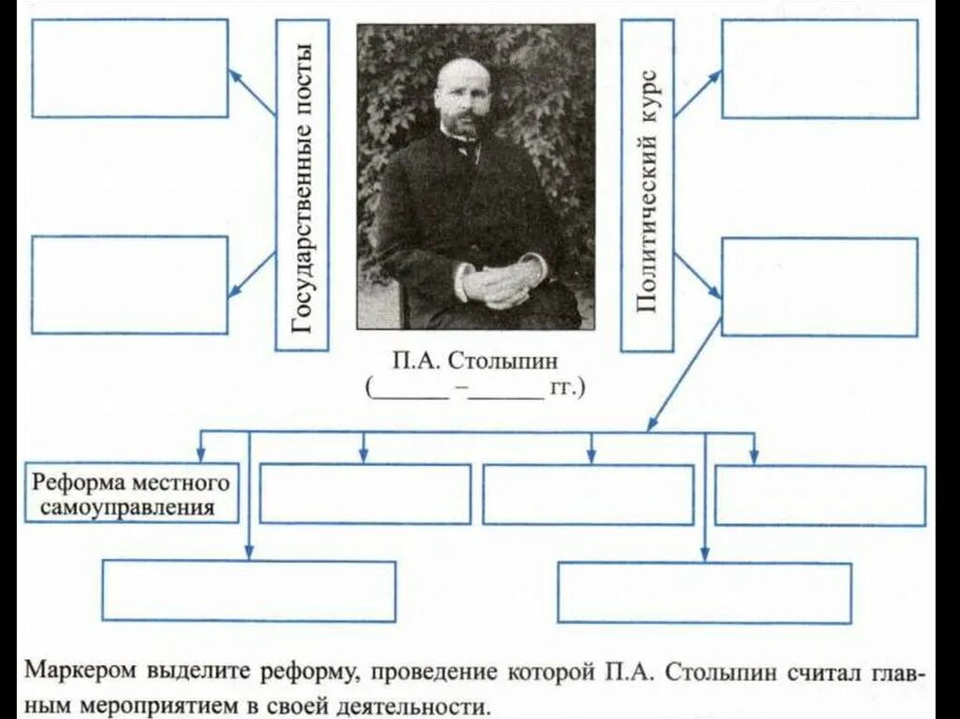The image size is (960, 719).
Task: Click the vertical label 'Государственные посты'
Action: click(302, 185)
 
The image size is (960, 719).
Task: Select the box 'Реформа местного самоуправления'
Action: click(131, 495)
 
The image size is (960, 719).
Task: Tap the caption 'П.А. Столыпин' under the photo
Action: click(476, 361)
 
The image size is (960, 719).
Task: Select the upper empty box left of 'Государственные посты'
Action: click(130, 68)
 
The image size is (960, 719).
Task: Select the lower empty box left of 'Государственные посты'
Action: click(130, 284)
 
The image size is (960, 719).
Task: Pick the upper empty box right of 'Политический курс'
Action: click(819, 68)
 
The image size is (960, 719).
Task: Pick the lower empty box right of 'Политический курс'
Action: click(819, 286)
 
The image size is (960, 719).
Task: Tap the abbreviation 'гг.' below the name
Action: click(567, 387)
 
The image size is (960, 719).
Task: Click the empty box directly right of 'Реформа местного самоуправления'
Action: click(365, 494)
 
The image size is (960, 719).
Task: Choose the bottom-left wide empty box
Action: click(248, 591)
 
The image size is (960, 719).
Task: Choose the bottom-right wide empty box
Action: click(704, 592)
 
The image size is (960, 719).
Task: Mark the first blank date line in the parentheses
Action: click(410, 389)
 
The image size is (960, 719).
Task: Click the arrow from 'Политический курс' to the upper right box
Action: click(697, 94)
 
